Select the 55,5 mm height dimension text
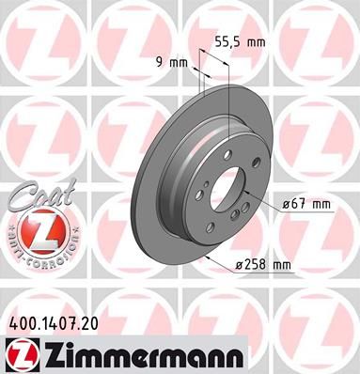click(x=235, y=42)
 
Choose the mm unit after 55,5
click(x=254, y=42)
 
